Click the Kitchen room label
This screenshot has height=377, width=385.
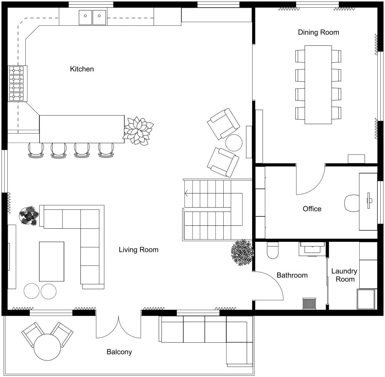[x=82, y=69]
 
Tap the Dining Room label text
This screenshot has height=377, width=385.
[x=318, y=32]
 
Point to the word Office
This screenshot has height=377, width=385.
[x=312, y=209]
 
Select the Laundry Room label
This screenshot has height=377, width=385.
[x=344, y=275]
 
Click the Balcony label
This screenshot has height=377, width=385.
[x=119, y=352]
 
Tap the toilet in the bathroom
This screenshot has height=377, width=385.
[x=273, y=250]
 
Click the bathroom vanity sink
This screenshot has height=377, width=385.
[x=312, y=249]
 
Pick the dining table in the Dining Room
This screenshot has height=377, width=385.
[x=318, y=85]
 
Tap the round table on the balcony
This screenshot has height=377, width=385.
[x=47, y=347]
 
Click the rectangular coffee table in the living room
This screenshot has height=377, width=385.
[x=52, y=261]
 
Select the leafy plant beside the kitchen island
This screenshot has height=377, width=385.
[x=138, y=131]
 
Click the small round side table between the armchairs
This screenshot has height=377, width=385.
[x=234, y=143]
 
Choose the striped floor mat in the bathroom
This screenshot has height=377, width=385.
[x=309, y=303]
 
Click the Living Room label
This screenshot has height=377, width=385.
[x=139, y=250]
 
